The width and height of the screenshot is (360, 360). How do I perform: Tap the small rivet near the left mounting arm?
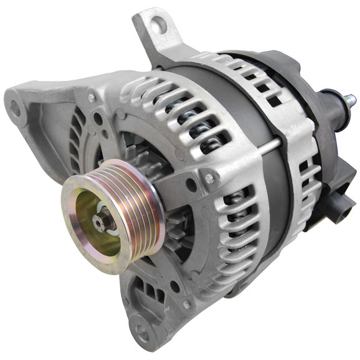pyautogui.click(x=92, y=98)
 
